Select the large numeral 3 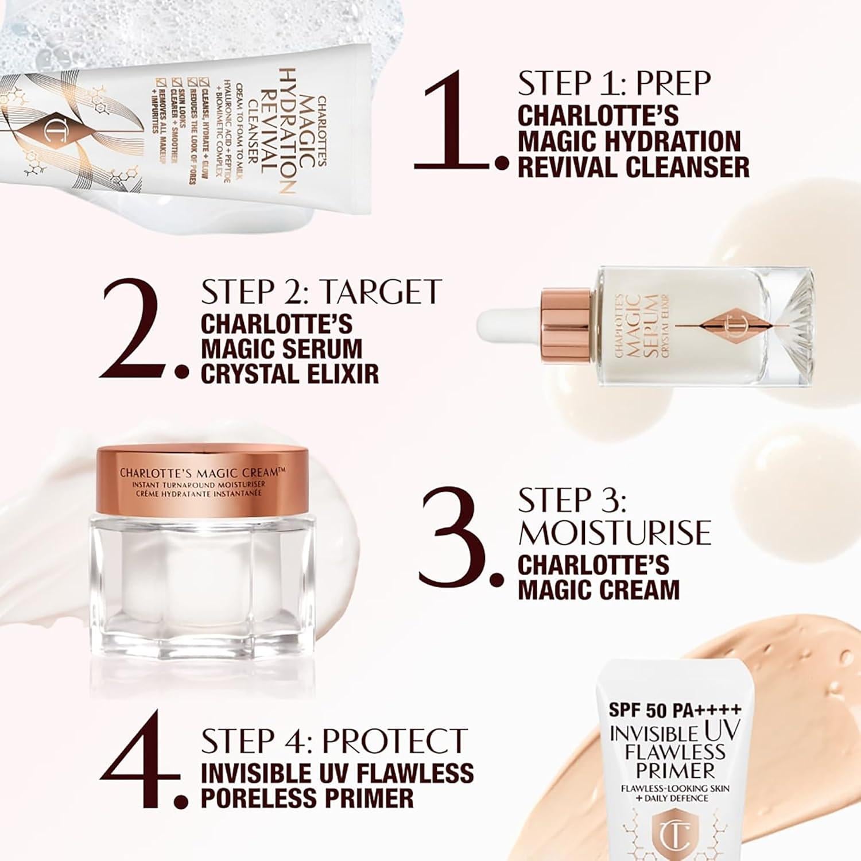[453, 537]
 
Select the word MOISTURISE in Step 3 [614, 533]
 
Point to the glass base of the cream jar [201, 580]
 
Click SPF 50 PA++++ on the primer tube [675, 711]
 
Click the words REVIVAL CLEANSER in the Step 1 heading [633, 167]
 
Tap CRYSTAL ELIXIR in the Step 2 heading [290, 374]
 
